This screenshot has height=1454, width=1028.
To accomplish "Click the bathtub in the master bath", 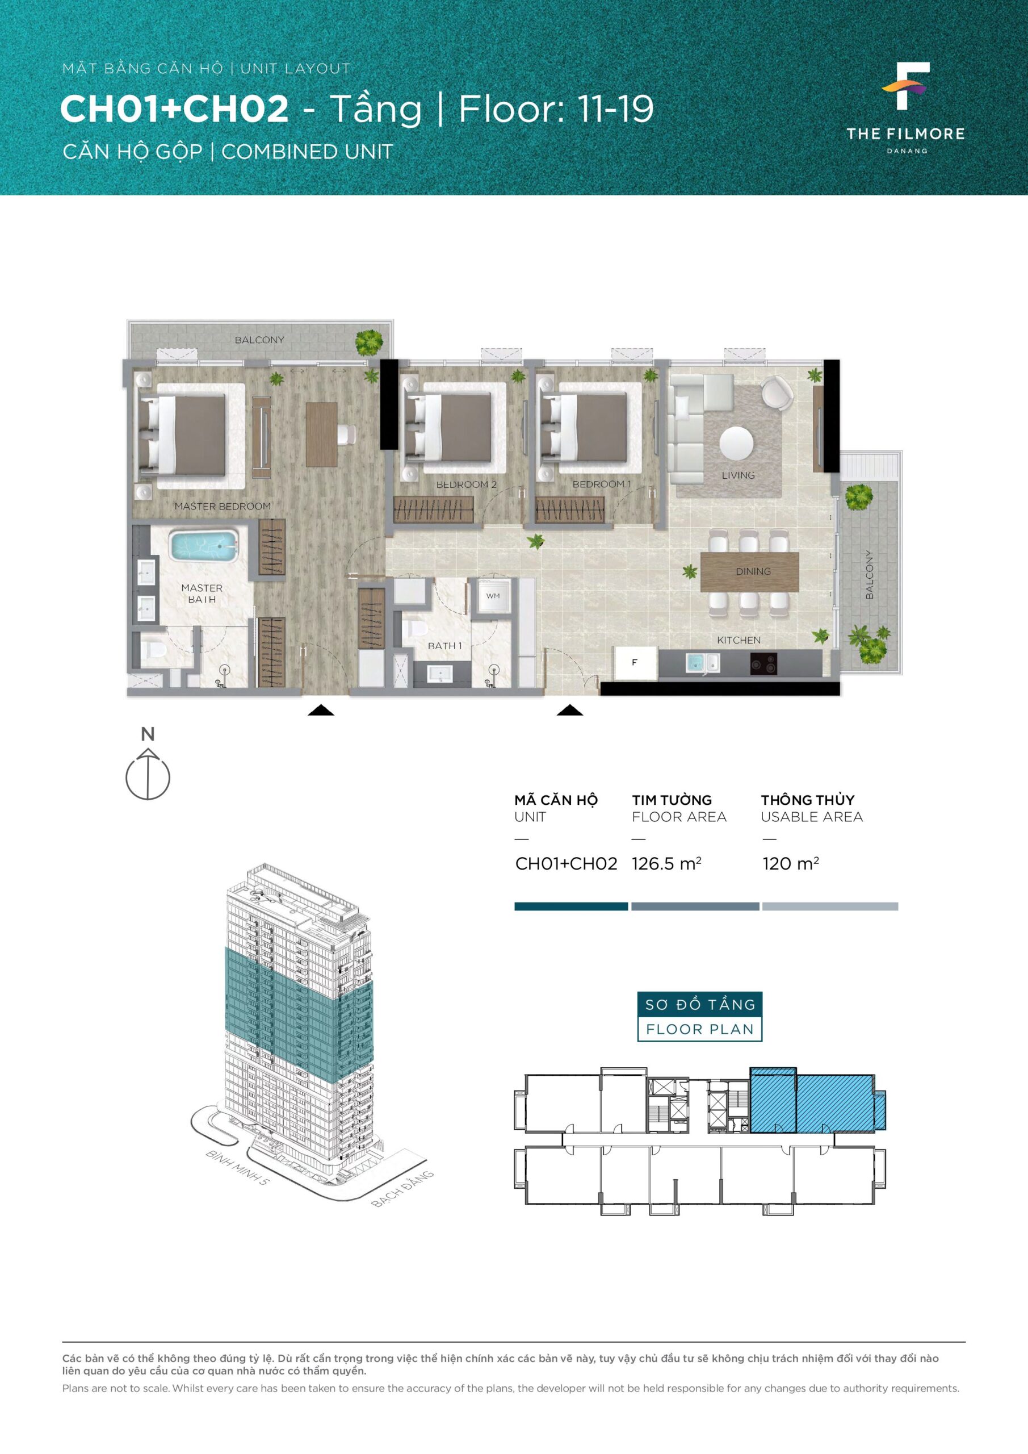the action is point(203,546).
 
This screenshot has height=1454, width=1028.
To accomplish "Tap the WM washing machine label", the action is point(493,596).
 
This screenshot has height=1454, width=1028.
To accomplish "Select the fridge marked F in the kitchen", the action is point(635,662).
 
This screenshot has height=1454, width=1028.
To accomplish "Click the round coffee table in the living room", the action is point(736,443).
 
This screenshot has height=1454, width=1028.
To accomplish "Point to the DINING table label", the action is point(753,571).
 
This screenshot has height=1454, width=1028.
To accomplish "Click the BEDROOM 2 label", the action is point(467,484).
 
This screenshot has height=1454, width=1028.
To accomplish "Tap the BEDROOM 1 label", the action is point(601,484).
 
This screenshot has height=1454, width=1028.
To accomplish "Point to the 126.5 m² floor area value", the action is point(666,864).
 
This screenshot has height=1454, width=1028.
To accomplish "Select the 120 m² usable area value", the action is point(791,864).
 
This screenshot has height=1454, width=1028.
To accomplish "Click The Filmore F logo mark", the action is point(906,86).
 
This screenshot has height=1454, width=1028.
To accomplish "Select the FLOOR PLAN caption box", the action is point(699,1029).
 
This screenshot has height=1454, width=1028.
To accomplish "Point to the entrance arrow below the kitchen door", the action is point(570,710).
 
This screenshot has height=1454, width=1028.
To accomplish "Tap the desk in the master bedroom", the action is point(321,435).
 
